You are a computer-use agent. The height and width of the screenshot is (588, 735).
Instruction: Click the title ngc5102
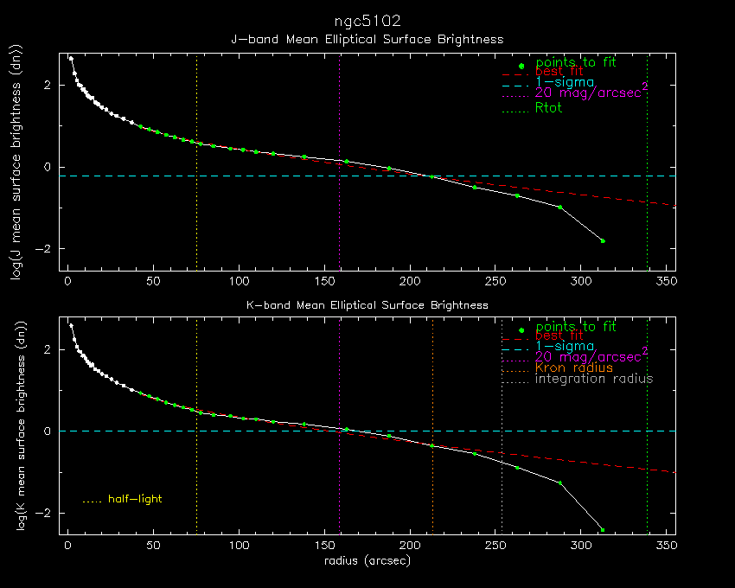367,22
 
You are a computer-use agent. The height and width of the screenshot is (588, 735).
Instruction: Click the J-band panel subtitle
367,40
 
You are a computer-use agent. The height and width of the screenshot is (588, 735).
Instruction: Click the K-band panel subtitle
367,305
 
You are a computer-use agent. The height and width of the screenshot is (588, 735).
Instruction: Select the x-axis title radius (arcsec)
367,560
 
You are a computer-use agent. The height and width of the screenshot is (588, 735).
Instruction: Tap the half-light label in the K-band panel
135,499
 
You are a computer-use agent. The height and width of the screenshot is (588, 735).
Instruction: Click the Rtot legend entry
548,108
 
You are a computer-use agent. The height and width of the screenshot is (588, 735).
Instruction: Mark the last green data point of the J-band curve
603,241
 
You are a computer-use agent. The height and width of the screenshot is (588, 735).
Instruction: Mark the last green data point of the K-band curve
603,530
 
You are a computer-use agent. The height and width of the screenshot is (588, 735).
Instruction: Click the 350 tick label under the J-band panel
667,281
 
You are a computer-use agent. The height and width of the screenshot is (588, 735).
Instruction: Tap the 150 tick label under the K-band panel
325,546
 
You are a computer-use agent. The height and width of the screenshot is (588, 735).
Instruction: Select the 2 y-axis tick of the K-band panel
47,350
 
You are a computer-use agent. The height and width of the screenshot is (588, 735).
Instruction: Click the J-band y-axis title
16,163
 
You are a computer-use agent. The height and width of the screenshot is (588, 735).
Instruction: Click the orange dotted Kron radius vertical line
432,425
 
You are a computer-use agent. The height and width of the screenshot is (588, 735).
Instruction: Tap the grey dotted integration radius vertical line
502,425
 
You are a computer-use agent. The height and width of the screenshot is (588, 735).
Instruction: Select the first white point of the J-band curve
71,59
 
